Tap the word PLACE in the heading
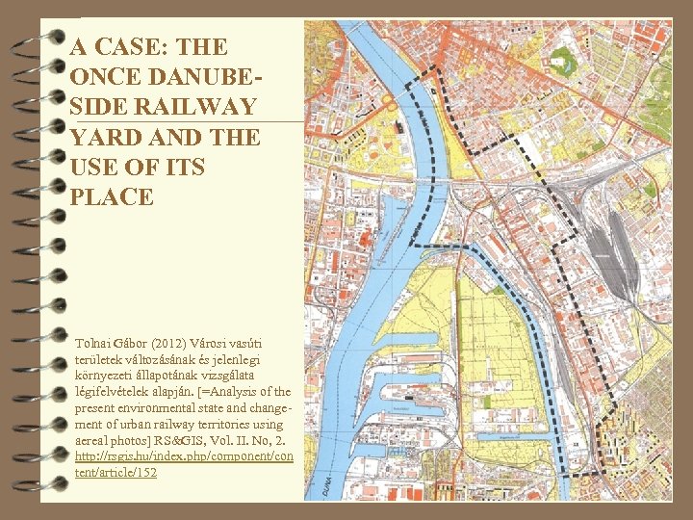pyautogui.click(x=112, y=197)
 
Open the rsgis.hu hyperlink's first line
pyautogui.click(x=184, y=456)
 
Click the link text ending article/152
pyautogui.click(x=115, y=473)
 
